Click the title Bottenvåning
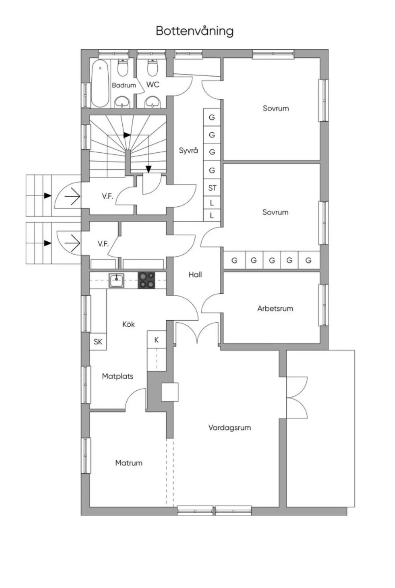tap(195, 31)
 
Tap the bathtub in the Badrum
tap(100, 83)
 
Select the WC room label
tap(153, 85)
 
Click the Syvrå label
tap(188, 151)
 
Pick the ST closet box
tap(212, 188)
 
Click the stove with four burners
tap(146, 280)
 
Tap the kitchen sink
tap(117, 281)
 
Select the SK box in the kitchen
tap(98, 342)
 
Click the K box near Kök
tap(156, 340)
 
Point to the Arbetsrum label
tap(275, 308)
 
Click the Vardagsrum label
tap(229, 428)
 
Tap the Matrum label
tap(129, 463)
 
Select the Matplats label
tap(118, 376)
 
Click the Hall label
tap(195, 275)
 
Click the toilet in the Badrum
tap(123, 68)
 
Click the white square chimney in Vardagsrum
tap(170, 392)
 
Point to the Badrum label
tap(124, 85)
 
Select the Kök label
tap(128, 324)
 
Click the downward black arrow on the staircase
tap(148, 169)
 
